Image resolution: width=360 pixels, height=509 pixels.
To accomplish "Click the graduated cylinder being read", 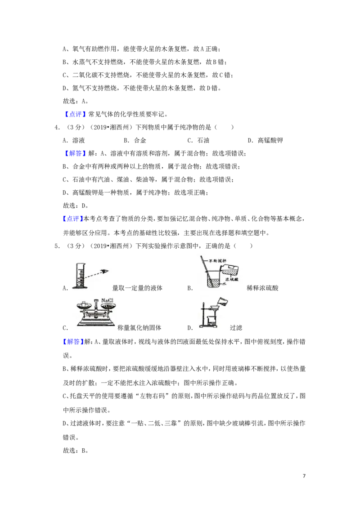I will pyautogui.click(x=80, y=275).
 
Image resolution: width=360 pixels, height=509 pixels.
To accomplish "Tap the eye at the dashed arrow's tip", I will pyautogui.click(x=105, y=271).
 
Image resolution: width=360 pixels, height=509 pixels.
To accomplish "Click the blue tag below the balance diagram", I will pyautogui.click(x=73, y=342).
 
